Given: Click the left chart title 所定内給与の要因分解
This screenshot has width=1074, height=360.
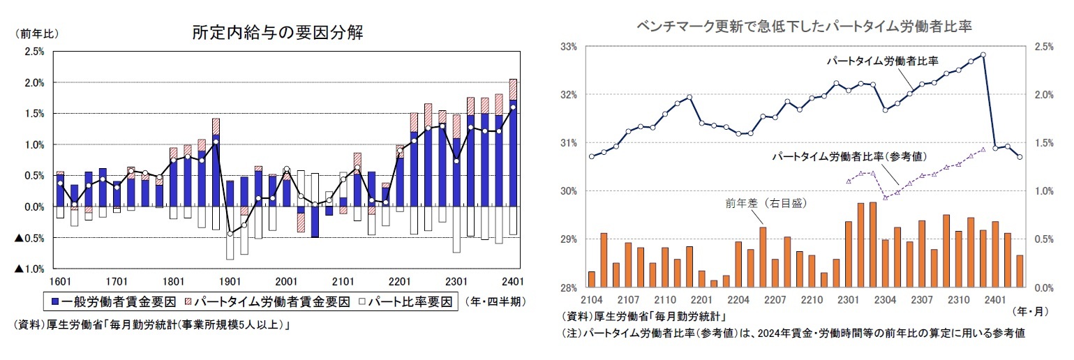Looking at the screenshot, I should tap(277, 33).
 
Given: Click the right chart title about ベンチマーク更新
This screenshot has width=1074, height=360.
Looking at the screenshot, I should tap(805, 27).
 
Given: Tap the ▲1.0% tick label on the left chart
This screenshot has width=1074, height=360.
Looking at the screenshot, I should tap(30, 269).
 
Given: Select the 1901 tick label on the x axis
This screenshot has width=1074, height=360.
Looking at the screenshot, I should tap(230, 281).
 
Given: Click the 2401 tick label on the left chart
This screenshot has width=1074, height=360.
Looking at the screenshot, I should tap(513, 281).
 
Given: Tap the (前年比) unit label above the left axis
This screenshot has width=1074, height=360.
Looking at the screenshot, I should tap(33, 33).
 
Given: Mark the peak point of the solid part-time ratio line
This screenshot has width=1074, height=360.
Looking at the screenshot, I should tap(983, 54).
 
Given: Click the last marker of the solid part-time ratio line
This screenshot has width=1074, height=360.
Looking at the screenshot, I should tap(1020, 157).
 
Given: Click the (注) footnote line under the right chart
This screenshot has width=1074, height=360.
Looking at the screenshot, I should tap(793, 334).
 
